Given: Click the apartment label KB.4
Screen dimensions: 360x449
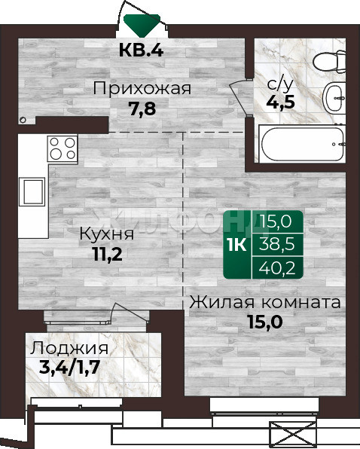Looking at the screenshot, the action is pos(141,50).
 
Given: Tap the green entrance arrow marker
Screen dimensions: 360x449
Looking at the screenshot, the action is pos(142,26).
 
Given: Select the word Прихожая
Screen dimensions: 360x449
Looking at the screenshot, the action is pos(142,88).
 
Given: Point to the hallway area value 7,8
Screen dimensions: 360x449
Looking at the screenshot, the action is pos(142,108).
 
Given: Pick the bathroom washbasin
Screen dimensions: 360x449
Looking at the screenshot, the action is pos(334,98).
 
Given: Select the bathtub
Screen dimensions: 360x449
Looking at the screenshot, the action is pos(302,144).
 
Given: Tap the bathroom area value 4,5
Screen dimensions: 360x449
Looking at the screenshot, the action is pos(280,102).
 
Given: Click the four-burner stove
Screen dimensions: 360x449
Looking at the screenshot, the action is pos(63,148).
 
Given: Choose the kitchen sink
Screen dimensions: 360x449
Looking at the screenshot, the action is pos(32,191).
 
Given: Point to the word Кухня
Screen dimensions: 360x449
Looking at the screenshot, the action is pos(106,234).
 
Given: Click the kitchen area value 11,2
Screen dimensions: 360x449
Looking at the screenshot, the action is pos(108,254).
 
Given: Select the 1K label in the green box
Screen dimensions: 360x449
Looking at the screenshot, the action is pos(237,245).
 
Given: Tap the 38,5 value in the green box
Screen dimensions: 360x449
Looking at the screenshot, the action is pos(276,245).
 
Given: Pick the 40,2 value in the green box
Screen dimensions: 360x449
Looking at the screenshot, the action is pos(276,268).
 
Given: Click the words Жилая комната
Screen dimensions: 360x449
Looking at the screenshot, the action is pos(265,302).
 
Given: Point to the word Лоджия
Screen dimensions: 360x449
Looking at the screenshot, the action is pos(69,349).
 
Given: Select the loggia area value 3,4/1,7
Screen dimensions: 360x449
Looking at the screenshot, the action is pos(69,368).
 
